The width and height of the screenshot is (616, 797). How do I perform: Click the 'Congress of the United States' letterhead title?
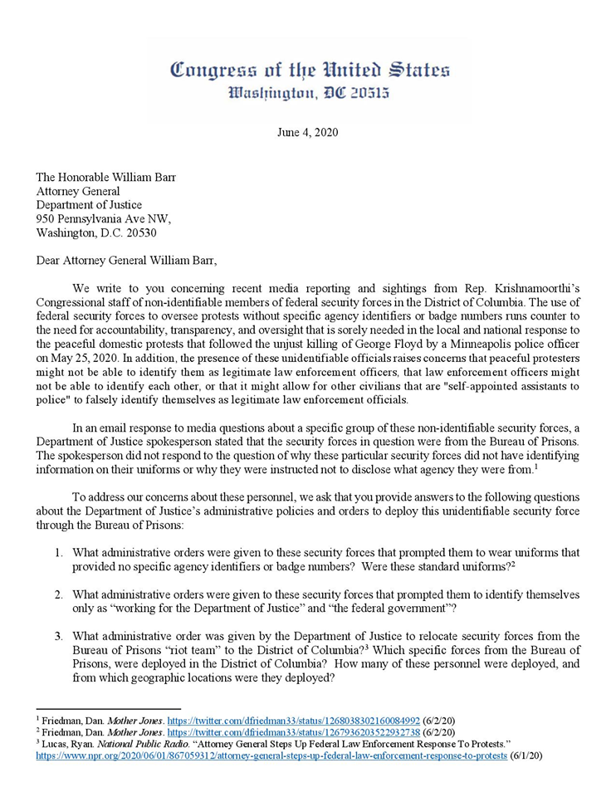point(310,70)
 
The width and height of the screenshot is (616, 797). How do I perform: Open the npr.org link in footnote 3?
point(271,755)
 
